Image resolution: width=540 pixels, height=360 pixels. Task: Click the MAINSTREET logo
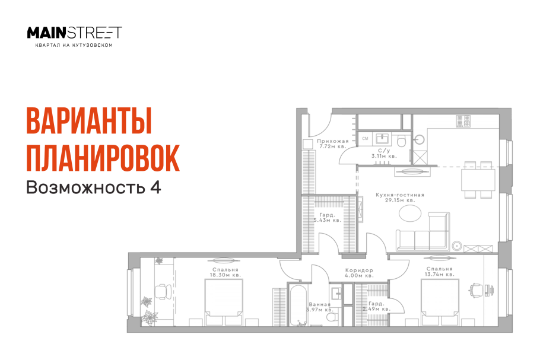(74, 33)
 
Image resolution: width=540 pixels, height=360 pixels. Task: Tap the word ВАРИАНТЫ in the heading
(89, 122)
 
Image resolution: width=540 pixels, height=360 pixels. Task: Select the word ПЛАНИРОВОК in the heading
(103, 158)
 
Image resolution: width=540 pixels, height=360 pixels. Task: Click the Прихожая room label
(333, 141)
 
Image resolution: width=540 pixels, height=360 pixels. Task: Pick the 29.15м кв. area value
(400, 200)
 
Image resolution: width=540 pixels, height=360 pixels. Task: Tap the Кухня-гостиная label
(400, 195)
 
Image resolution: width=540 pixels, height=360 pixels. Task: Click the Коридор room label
(359, 270)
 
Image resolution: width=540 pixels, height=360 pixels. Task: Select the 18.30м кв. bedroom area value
(225, 275)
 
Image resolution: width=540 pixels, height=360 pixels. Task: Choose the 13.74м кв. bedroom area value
(439, 275)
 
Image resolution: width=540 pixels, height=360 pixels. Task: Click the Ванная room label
(320, 304)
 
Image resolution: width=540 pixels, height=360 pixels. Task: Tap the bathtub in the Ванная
(298, 305)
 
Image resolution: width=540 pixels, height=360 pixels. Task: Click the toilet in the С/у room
(401, 141)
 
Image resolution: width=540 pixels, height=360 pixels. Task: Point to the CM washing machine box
(365, 139)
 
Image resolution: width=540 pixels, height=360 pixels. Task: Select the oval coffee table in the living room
(410, 214)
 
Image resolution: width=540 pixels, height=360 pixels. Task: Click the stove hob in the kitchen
(463, 121)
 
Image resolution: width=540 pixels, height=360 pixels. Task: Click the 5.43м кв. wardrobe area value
(327, 220)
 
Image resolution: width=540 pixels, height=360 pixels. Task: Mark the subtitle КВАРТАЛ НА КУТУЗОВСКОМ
(74, 45)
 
